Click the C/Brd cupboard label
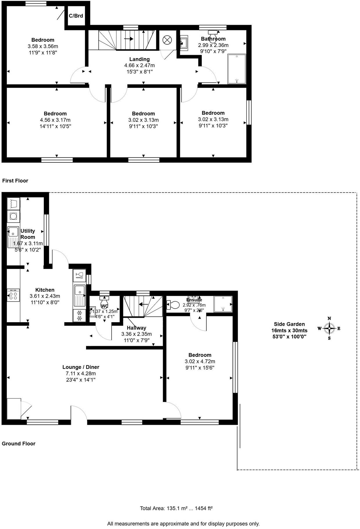pyautogui.click(x=76, y=16)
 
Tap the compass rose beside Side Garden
pyautogui.click(x=329, y=329)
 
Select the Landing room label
pyautogui.click(x=139, y=59)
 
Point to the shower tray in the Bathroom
pyautogui.click(x=237, y=69)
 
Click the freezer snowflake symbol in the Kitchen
pyautogui.click(x=79, y=316)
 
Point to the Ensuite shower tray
pyautogui.click(x=223, y=304)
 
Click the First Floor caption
pyautogui.click(x=15, y=181)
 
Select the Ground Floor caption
pyautogui.click(x=19, y=443)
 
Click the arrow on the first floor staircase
pyautogui.click(x=129, y=39)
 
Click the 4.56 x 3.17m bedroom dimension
pyautogui.click(x=55, y=120)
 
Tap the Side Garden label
pyautogui.click(x=289, y=324)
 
